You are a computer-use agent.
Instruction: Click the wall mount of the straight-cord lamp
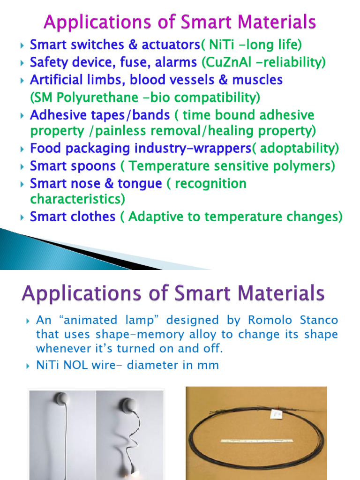(62, 399)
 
